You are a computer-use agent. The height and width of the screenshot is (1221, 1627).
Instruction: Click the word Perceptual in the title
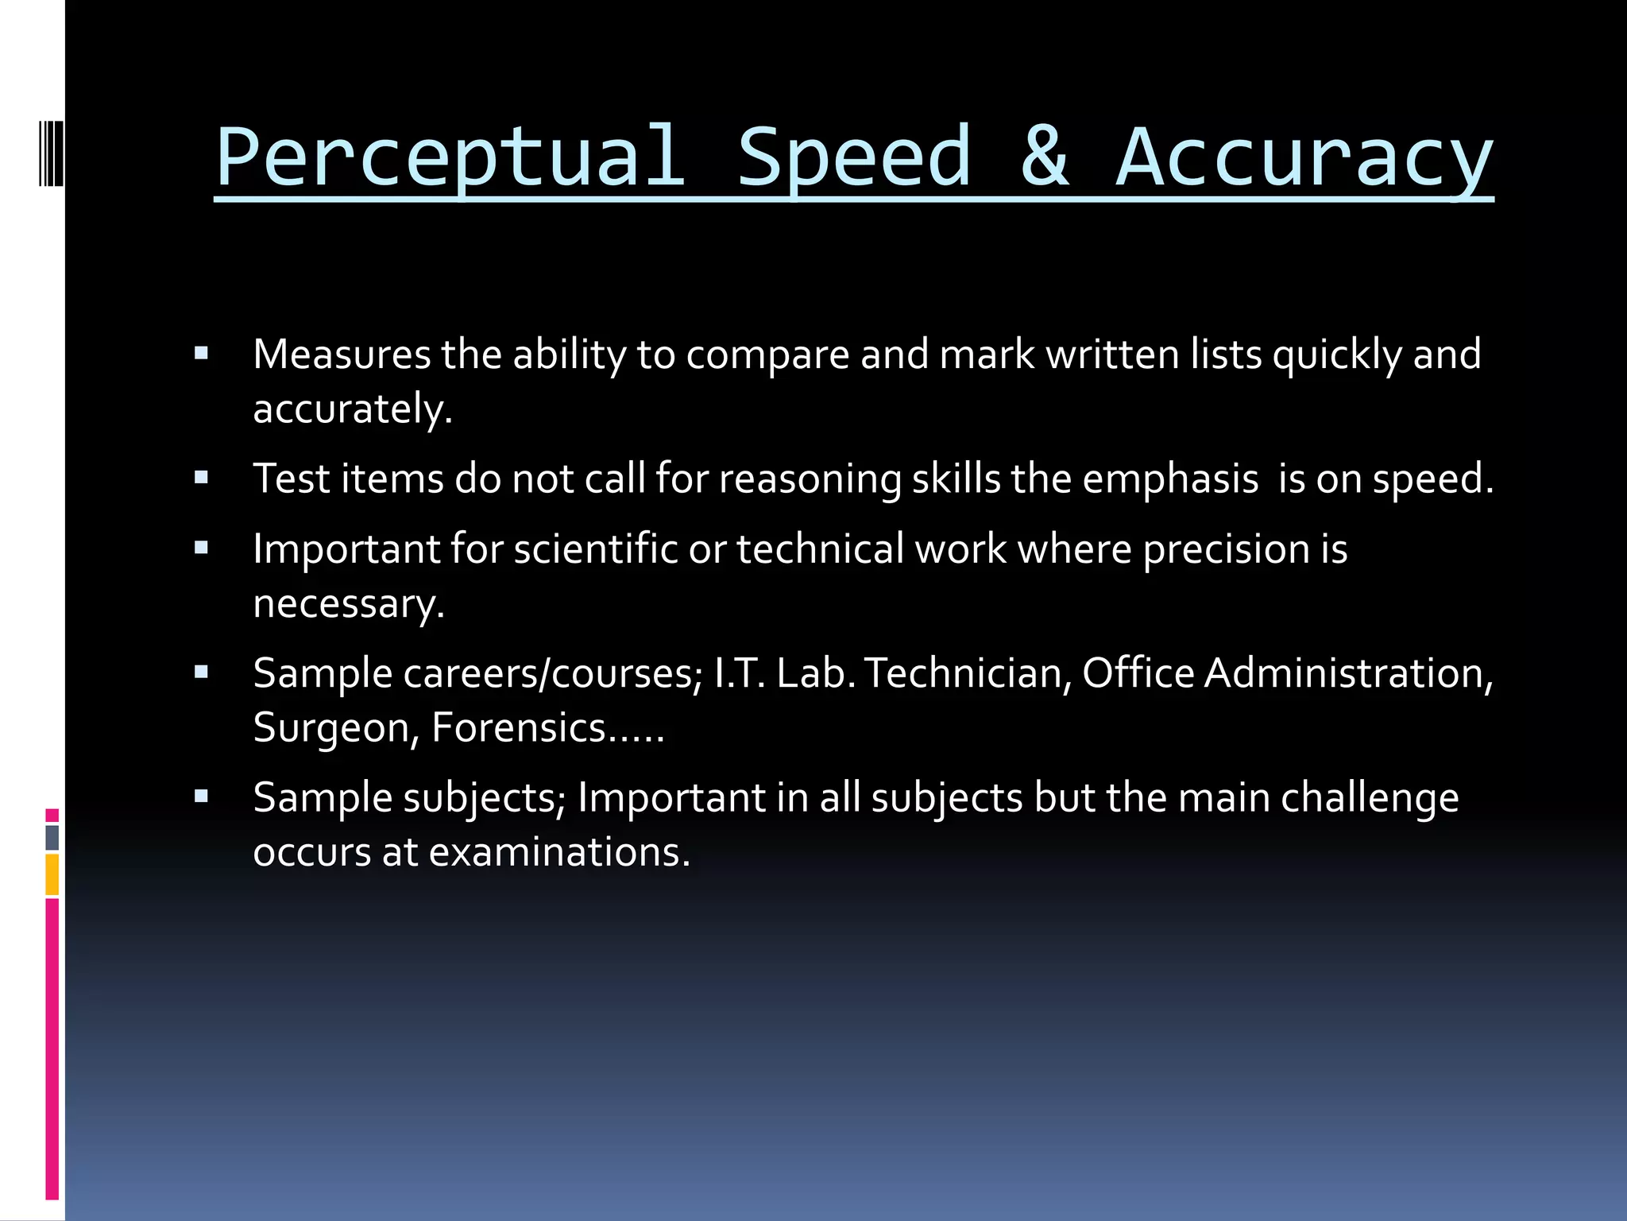[x=450, y=158]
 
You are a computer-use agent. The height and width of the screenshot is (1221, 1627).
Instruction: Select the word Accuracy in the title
[x=1304, y=158]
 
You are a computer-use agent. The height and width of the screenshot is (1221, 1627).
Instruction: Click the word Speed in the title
[x=855, y=158]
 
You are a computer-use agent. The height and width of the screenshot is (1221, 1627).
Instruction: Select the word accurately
[x=352, y=409]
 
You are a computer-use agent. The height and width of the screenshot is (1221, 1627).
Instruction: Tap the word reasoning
[x=810, y=479]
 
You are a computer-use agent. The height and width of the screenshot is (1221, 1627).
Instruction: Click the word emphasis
[x=1170, y=479]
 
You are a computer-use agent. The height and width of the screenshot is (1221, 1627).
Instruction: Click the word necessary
[x=348, y=604]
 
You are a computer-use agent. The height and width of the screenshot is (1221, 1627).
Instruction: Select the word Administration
[x=1348, y=673]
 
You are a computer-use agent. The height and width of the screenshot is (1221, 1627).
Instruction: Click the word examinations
[x=559, y=852]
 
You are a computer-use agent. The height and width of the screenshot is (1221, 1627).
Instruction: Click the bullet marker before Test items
[x=201, y=478]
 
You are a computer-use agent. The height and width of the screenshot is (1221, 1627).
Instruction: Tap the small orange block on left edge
[x=52, y=874]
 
